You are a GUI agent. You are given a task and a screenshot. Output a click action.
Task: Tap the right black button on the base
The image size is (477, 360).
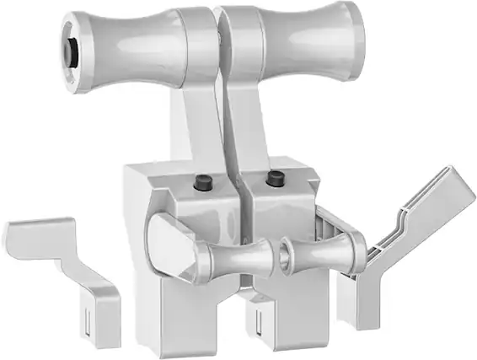275,178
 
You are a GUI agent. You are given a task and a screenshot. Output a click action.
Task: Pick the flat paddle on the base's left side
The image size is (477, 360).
171,244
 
